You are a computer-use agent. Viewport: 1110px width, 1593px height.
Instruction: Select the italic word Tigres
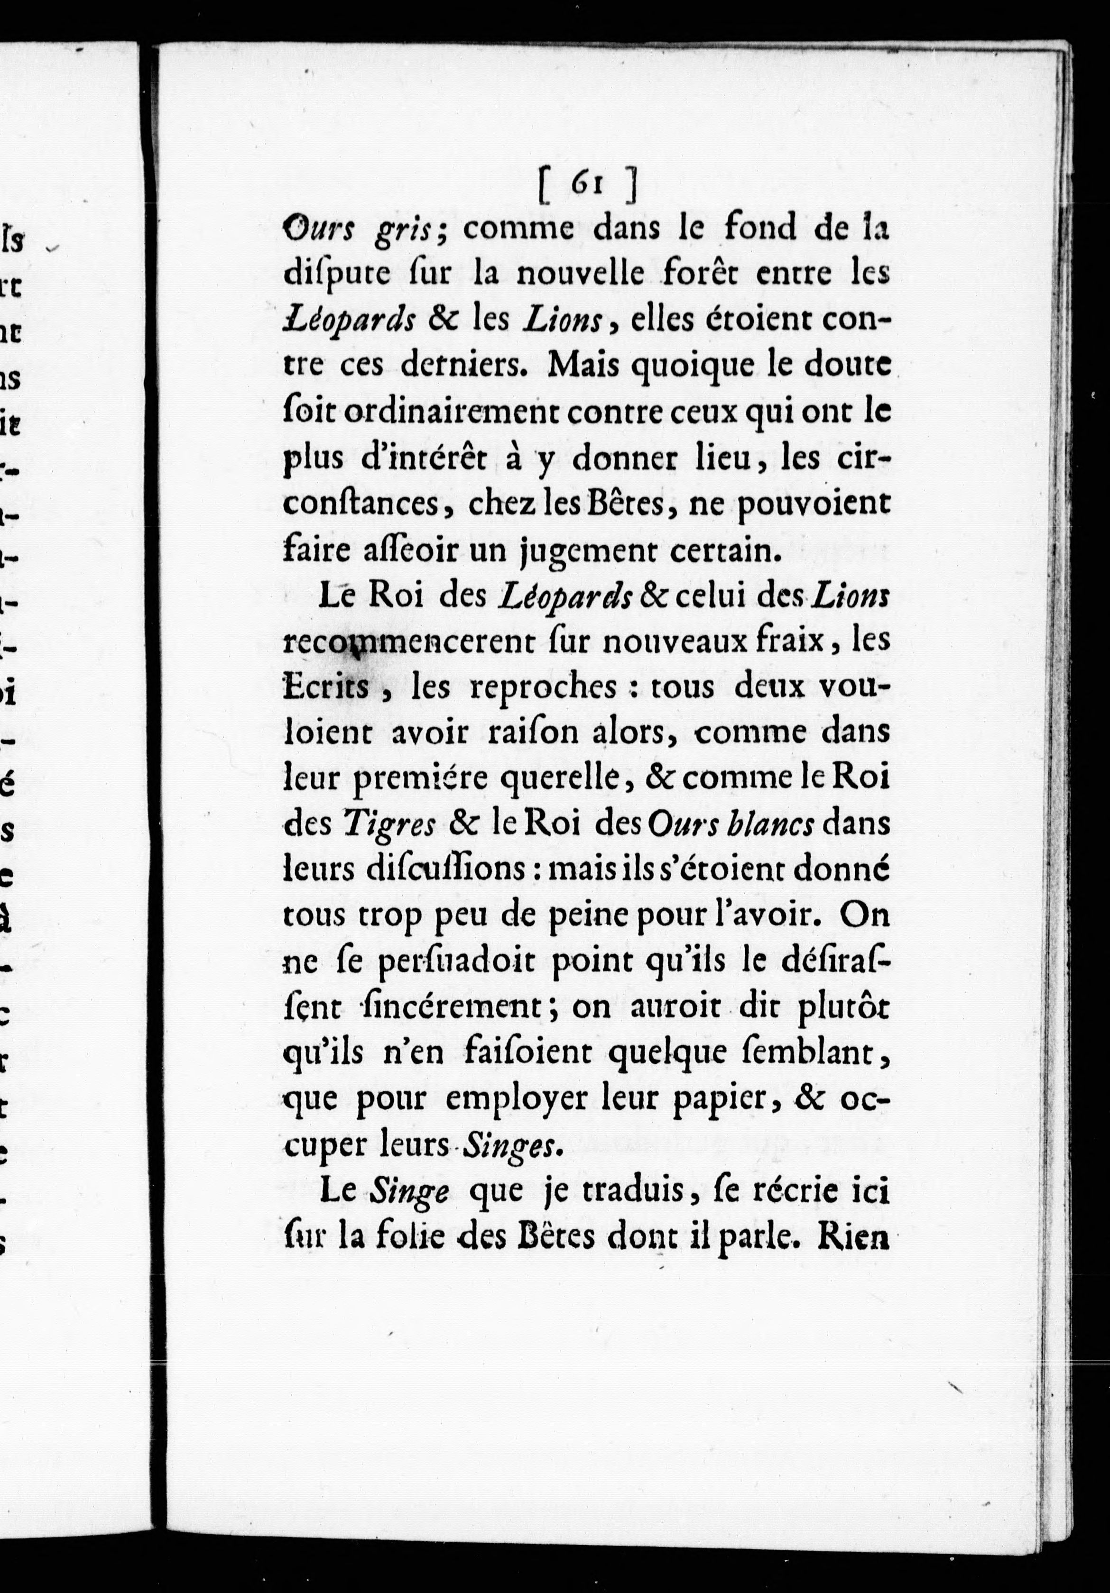click(x=389, y=825)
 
